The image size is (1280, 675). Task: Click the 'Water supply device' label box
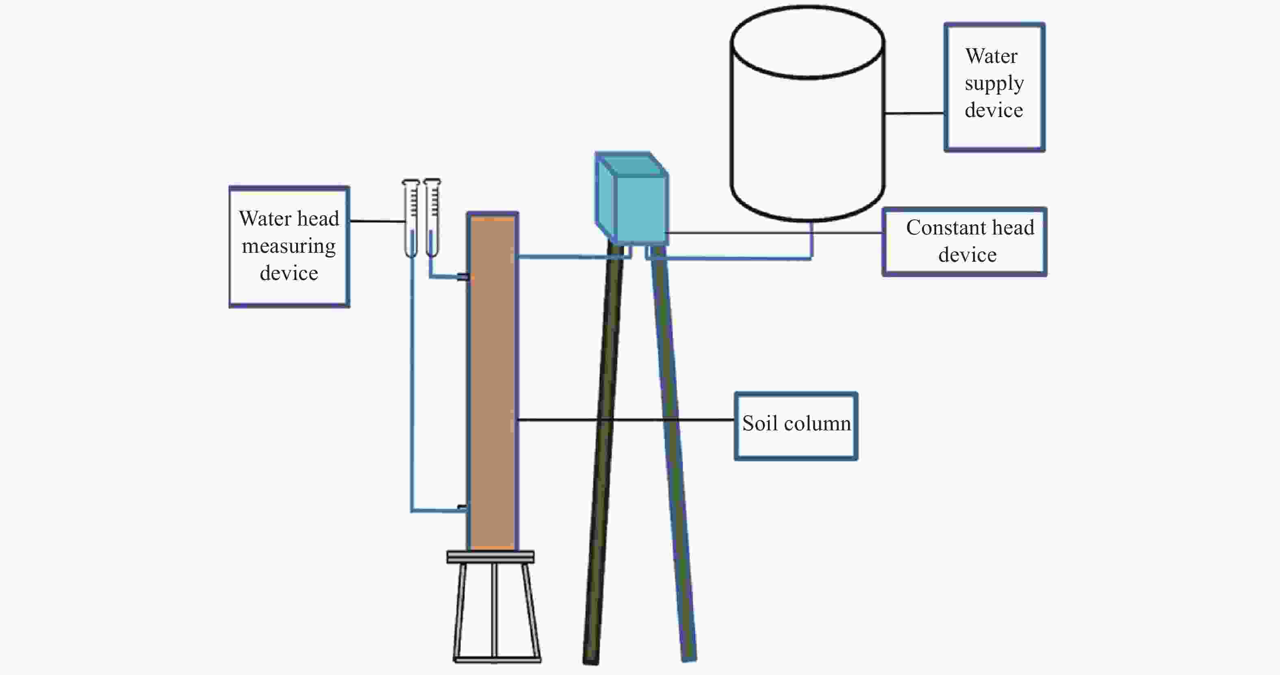(994, 87)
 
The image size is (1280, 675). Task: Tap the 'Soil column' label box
(796, 426)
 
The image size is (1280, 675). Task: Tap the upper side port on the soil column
(463, 277)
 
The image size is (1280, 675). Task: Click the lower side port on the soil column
(462, 508)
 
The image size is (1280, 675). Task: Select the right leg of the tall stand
(673, 447)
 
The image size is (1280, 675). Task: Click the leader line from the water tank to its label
(914, 113)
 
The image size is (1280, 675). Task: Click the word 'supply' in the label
(994, 83)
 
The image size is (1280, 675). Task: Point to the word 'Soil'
(760, 423)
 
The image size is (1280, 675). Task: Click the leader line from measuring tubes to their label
(377, 221)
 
